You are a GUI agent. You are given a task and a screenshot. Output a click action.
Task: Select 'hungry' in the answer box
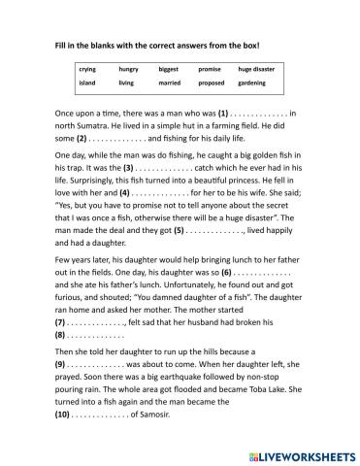coord(129,71)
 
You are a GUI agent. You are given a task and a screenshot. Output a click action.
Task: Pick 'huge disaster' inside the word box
coord(258,71)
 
